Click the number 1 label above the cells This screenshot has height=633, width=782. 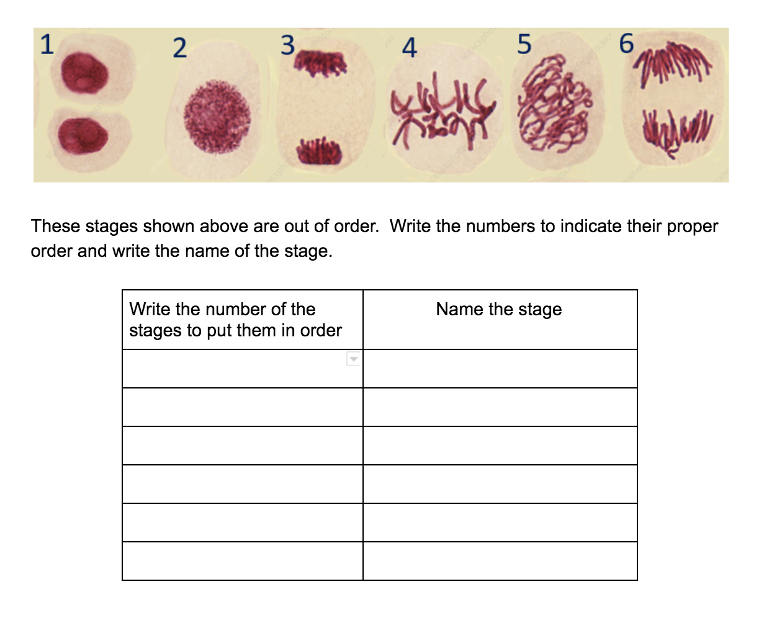47,45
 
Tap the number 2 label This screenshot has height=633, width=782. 179,48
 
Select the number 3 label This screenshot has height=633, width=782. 287,45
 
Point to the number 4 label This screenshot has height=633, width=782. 409,48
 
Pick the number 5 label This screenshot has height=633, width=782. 524,45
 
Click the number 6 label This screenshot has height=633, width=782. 627,44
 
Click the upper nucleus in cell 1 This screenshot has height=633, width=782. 85,73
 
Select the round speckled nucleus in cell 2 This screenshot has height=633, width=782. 218,117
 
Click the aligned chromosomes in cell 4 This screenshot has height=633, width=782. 441,110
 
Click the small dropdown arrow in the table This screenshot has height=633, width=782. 353,359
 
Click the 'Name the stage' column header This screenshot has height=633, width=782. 499,309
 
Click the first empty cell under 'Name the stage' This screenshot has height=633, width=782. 500,369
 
